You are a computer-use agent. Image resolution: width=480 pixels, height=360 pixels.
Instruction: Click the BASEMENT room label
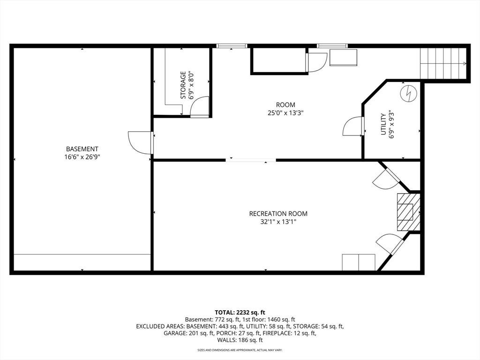click(82, 149)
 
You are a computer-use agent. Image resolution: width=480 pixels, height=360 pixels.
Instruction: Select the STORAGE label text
click(183, 85)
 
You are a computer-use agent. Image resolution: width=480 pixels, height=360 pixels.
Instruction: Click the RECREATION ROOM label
click(278, 214)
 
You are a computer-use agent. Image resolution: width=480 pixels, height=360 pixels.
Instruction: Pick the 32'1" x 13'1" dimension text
click(278, 222)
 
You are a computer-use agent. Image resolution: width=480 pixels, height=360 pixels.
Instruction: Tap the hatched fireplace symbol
click(408, 212)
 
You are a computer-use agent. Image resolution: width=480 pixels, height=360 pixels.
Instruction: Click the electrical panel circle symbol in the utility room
click(408, 93)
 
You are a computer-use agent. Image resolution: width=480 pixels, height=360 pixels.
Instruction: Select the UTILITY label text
click(383, 124)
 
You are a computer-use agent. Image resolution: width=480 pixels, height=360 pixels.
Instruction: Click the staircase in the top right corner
click(443, 63)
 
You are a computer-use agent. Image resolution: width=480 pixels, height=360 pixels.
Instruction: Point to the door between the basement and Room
click(141, 142)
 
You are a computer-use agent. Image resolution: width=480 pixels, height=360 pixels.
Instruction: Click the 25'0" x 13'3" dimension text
click(285, 113)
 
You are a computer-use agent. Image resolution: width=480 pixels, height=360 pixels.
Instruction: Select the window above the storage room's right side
click(232, 46)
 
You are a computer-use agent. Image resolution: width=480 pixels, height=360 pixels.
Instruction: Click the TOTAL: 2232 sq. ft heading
click(240, 313)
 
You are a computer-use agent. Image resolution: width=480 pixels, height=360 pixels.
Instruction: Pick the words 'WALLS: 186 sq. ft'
click(240, 340)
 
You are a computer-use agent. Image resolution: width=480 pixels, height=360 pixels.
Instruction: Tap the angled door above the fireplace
click(386, 178)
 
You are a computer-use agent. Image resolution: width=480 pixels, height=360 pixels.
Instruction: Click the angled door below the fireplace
click(390, 244)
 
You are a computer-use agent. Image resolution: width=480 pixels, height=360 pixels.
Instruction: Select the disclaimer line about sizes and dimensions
click(240, 350)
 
